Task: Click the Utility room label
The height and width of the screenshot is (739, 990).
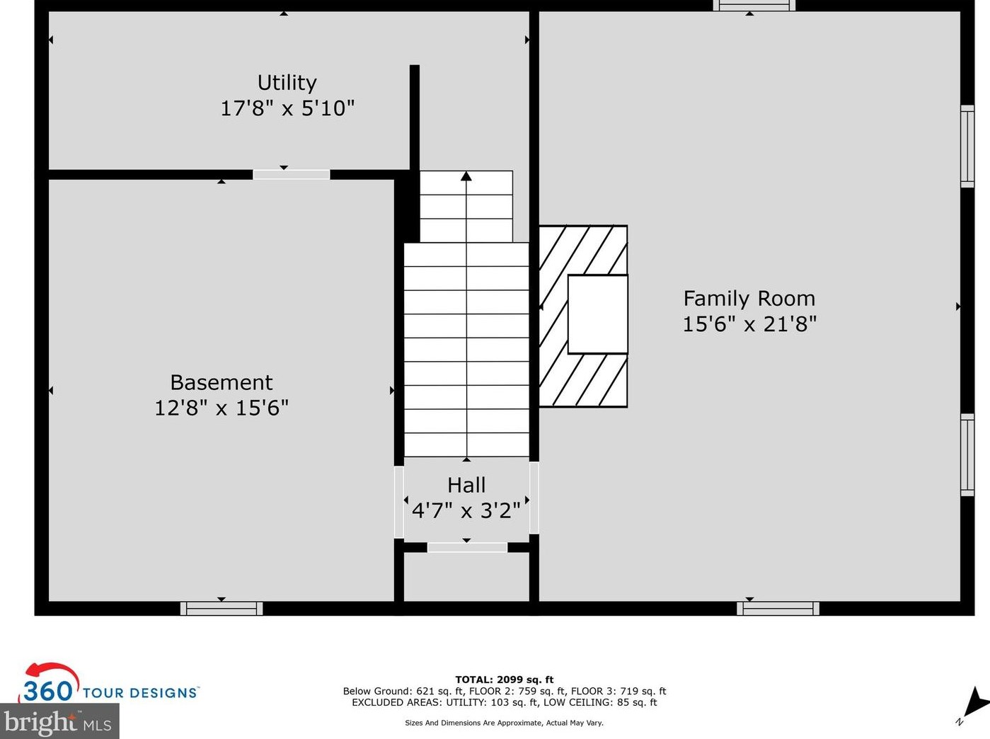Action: (x=287, y=83)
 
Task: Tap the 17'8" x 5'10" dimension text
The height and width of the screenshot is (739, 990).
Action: (x=287, y=108)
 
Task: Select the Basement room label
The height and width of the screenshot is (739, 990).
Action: (x=221, y=382)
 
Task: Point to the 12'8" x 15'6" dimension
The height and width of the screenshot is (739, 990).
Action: (x=221, y=408)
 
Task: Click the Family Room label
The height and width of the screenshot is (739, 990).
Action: (x=749, y=299)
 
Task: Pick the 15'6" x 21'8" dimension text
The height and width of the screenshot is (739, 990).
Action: (x=749, y=324)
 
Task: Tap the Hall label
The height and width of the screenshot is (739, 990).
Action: (x=466, y=485)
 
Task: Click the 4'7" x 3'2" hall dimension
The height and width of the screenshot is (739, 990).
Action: (x=466, y=510)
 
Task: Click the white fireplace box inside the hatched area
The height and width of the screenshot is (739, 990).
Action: (x=597, y=314)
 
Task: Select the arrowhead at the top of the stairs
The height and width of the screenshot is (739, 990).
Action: (x=466, y=176)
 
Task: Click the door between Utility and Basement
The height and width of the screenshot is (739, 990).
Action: (x=292, y=174)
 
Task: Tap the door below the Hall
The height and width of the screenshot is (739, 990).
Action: (x=467, y=547)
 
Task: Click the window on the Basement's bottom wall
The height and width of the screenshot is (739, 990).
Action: (x=221, y=608)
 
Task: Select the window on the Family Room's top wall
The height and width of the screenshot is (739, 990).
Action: (x=754, y=6)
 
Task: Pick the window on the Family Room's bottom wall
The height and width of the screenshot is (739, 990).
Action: (x=778, y=608)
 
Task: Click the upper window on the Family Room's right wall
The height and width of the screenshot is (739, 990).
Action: (x=967, y=146)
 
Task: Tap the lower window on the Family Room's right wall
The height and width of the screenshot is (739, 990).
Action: (x=967, y=454)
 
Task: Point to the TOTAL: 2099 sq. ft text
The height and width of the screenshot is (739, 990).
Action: (x=504, y=680)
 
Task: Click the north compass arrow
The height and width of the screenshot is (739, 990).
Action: (x=974, y=703)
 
